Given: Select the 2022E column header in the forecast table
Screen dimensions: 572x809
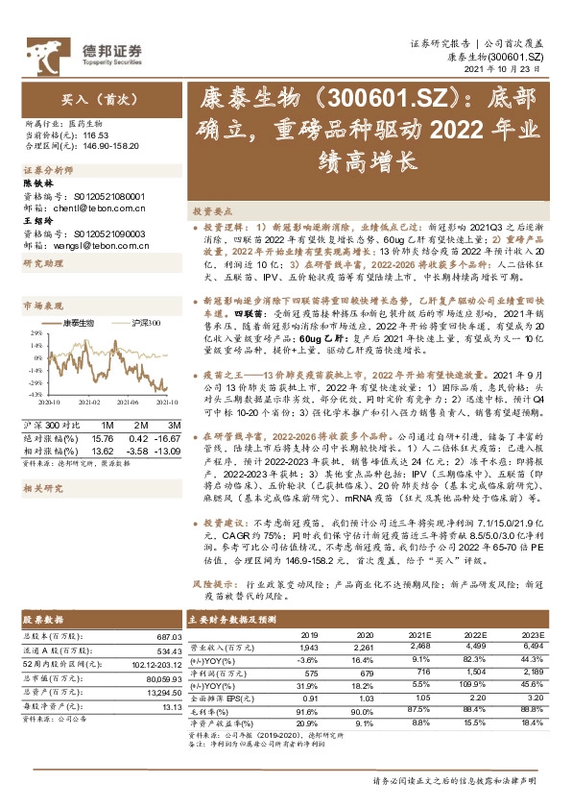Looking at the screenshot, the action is (476, 635).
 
